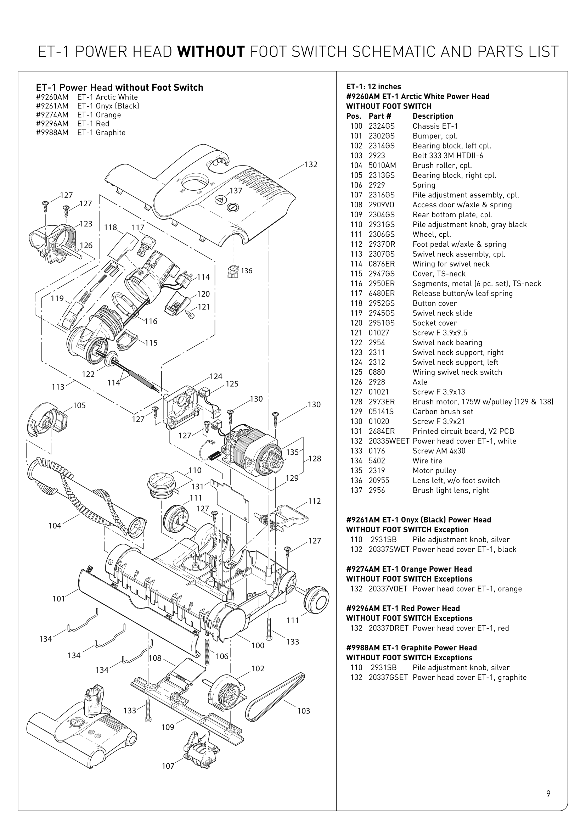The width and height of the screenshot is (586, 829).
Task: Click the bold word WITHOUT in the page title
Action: pyautogui.click(x=211, y=52)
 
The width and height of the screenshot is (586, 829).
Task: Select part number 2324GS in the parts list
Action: pyautogui.click(x=382, y=126)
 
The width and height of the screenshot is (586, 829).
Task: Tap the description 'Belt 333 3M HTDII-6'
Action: pyautogui.click(x=447, y=156)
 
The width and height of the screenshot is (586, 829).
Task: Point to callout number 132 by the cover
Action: pyautogui.click(x=311, y=165)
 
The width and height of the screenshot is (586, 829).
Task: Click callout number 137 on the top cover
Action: pyautogui.click(x=236, y=191)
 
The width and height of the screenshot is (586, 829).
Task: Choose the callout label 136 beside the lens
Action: pyautogui.click(x=247, y=271)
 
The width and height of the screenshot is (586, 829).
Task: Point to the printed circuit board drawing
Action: pyautogui.click(x=231, y=500)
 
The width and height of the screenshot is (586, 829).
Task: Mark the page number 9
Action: pyautogui.click(x=548, y=794)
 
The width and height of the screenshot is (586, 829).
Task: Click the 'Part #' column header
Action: pyautogui.click(x=379, y=116)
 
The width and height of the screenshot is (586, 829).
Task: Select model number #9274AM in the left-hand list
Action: pyautogui.click(x=52, y=115)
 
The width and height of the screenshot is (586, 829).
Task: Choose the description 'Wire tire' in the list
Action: pyautogui.click(x=427, y=461)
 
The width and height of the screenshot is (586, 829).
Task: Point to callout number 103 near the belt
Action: pyautogui.click(x=304, y=711)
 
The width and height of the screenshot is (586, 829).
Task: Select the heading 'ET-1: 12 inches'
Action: pyautogui.click(x=373, y=86)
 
